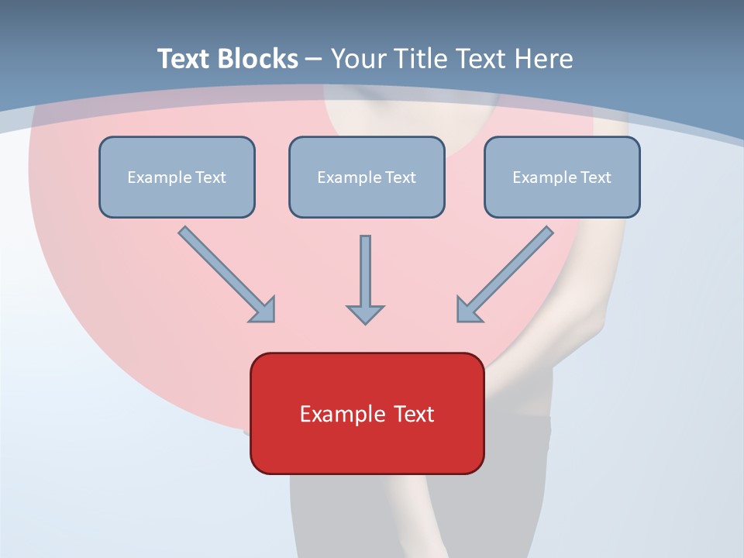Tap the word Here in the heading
click(543, 59)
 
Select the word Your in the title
click(358, 59)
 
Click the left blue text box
click(177, 177)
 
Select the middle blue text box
click(367, 177)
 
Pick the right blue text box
click(562, 177)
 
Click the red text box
click(367, 413)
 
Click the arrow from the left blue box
click(226, 273)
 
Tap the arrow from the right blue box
click(505, 273)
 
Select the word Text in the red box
click(414, 414)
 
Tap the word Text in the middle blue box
click(401, 177)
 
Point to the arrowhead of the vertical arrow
click(365, 314)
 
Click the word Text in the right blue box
click(596, 177)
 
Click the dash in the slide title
click(314, 60)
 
